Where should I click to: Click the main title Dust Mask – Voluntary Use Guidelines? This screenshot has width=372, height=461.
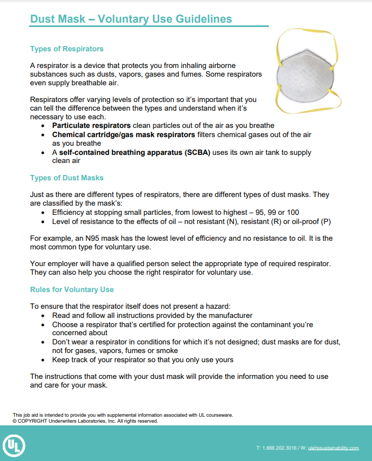(x=131, y=19)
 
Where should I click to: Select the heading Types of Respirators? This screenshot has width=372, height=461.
(x=66, y=49)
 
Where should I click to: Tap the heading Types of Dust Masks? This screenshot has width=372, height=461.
(x=66, y=178)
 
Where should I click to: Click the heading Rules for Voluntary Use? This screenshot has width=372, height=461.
(x=72, y=289)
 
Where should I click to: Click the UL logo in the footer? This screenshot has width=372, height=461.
(x=14, y=446)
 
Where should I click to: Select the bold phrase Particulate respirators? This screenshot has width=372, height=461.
(x=84, y=125)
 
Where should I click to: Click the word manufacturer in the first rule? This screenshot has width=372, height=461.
(x=229, y=315)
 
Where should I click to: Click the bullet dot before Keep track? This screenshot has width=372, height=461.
(x=44, y=360)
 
